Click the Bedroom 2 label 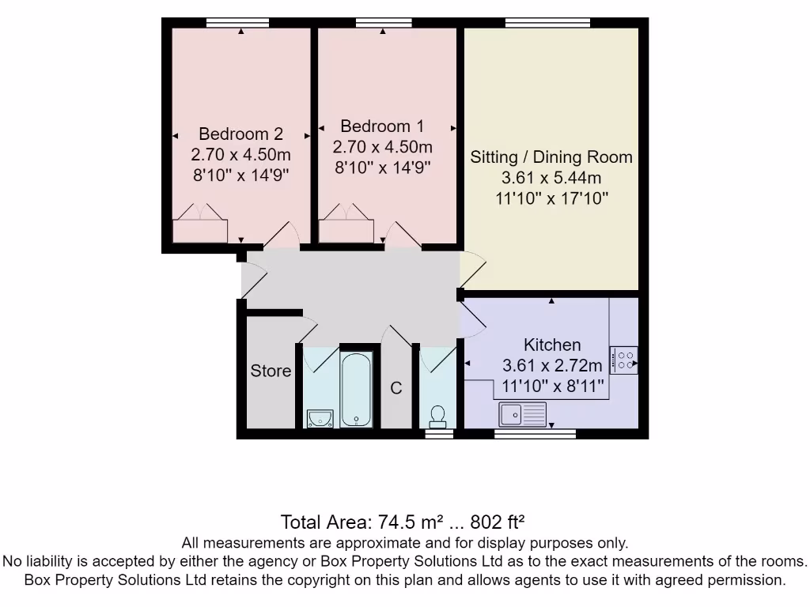240,134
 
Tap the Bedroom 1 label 382,126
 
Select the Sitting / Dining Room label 551,156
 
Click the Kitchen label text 552,345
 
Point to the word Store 271,371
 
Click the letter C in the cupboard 396,388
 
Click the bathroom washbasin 320,417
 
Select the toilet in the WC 437,414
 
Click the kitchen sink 523,412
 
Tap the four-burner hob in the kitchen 623,360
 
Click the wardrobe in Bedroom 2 200,224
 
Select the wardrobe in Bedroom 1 346,224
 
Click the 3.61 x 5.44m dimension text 551,177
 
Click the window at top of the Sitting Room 558,23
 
